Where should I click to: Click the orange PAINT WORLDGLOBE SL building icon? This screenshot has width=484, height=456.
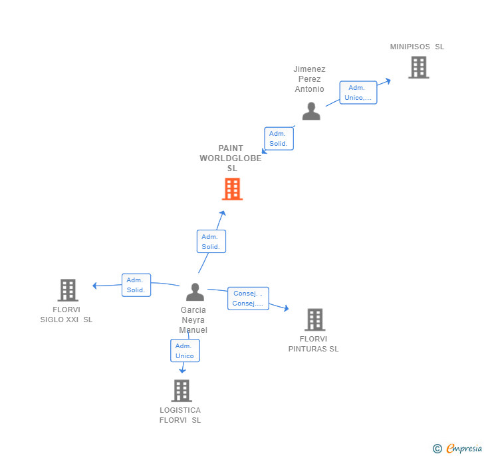(231, 189)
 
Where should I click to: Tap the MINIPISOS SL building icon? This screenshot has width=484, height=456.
(418, 67)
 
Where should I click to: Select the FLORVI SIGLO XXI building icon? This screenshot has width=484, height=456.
(68, 290)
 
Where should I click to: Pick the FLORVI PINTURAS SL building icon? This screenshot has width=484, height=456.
(314, 320)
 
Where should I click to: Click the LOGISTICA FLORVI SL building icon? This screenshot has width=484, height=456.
(181, 391)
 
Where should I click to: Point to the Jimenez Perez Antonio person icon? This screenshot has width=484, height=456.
(311, 111)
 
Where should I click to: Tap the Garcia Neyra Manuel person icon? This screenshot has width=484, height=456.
(195, 292)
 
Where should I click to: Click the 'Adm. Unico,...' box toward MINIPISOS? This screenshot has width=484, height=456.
(358, 93)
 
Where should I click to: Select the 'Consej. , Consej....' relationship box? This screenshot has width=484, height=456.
(248, 298)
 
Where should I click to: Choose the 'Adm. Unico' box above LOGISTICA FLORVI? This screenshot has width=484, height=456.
(185, 351)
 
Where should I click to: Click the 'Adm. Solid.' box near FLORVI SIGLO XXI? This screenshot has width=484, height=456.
(136, 285)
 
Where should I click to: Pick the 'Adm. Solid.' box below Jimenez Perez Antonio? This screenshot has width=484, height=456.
(279, 138)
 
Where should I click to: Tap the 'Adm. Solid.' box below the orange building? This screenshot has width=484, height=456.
(211, 242)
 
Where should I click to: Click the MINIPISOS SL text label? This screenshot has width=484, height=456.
(417, 47)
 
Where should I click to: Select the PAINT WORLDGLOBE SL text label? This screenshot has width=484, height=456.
(231, 158)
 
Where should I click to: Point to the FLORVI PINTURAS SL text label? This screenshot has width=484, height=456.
(313, 343)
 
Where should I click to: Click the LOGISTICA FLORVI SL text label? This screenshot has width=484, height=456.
(180, 415)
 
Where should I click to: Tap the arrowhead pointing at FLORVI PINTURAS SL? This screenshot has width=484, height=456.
(286, 308)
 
